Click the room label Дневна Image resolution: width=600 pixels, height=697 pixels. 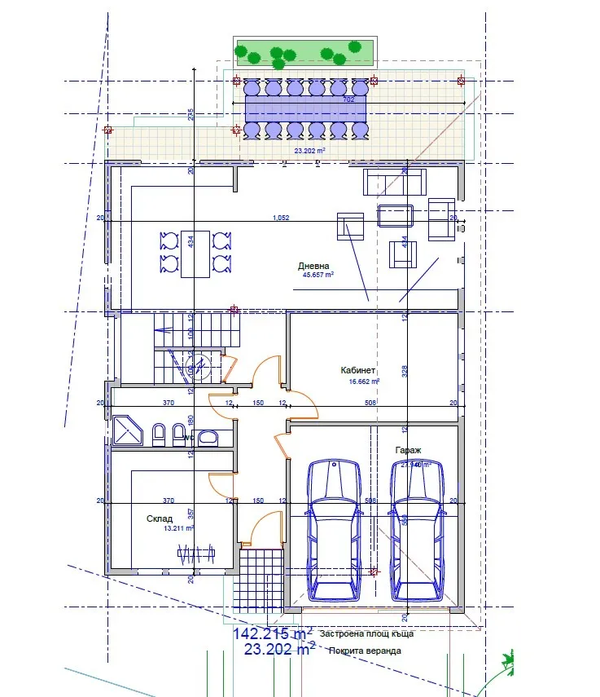click(x=313, y=266)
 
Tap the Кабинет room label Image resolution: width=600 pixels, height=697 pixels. click(x=357, y=370)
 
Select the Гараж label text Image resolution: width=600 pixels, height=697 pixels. click(x=408, y=450)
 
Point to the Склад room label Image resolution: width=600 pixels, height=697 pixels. click(x=160, y=518)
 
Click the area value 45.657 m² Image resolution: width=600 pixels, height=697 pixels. click(x=318, y=276)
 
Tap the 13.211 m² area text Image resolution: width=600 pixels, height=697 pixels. click(x=177, y=528)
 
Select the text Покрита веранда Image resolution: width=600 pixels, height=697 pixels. click(x=365, y=651)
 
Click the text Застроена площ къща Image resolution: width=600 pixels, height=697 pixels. click(x=367, y=633)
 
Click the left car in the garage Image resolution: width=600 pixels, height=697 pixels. click(x=332, y=529)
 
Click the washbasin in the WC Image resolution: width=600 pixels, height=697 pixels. click(x=208, y=438)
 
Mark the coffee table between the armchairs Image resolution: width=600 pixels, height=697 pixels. click(x=396, y=215)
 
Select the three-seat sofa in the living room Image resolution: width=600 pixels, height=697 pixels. click(x=394, y=182)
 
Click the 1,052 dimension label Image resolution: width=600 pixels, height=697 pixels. click(x=281, y=218)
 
